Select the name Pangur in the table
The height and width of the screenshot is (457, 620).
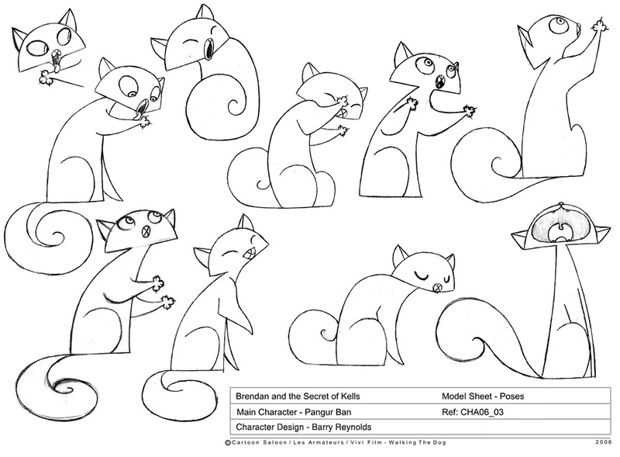pyautogui.click(x=319, y=412)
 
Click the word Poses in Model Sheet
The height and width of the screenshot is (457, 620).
pyautogui.click(x=512, y=396)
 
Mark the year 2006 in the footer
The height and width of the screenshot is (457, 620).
pyautogui.click(x=604, y=442)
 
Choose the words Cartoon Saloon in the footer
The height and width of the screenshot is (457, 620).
pyautogui.click(x=259, y=443)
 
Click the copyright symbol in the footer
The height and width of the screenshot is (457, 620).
pyautogui.click(x=228, y=443)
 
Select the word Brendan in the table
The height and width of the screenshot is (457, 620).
pyautogui.click(x=250, y=396)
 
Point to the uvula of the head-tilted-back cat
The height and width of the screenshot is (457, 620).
pyautogui.click(x=560, y=227)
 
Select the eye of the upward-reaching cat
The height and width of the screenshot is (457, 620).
pyautogui.click(x=556, y=25)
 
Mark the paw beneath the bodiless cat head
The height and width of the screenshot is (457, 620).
pyautogui.click(x=46, y=77)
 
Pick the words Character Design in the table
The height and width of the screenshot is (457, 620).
pyautogui.click(x=270, y=428)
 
